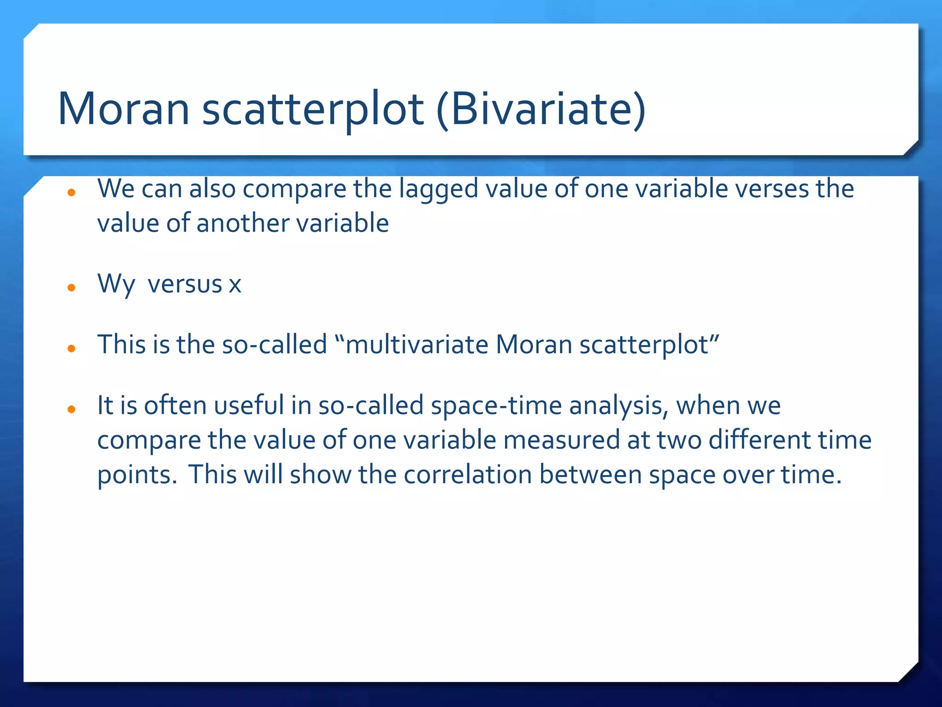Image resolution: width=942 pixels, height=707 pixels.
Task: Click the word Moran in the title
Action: [x=123, y=110]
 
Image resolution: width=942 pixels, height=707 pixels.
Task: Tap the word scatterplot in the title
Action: [x=313, y=110]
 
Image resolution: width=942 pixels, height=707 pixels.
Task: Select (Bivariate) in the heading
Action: [x=541, y=110]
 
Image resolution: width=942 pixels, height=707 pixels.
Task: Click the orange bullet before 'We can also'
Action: [x=71, y=192]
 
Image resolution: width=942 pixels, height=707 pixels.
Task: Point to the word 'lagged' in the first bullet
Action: [x=438, y=189]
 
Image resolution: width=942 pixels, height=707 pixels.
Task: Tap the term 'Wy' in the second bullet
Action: [x=116, y=284]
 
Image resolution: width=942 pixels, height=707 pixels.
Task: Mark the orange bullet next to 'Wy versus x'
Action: [x=71, y=288]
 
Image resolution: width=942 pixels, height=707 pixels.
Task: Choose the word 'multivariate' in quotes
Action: [x=417, y=345]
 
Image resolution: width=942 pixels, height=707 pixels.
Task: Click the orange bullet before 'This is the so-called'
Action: [x=71, y=348]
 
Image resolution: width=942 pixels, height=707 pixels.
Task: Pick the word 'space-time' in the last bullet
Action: [x=496, y=406]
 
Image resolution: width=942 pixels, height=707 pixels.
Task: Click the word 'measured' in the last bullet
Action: [x=562, y=440]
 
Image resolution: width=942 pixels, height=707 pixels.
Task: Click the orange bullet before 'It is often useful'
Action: [x=71, y=409]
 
